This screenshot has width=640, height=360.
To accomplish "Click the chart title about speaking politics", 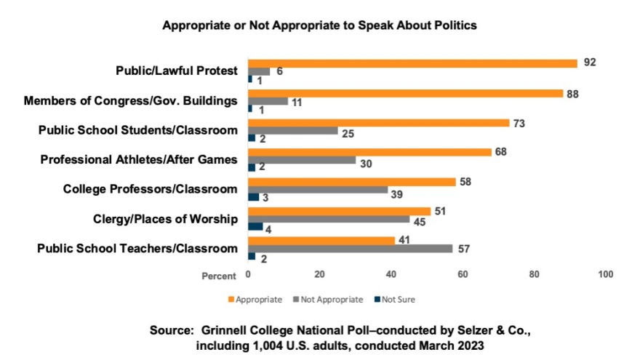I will [x=319, y=25].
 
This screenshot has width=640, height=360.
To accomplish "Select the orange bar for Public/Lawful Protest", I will [x=412, y=63].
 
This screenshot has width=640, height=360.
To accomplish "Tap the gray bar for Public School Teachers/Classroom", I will [x=350, y=248].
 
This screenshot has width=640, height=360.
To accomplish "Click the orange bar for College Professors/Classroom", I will [x=352, y=180].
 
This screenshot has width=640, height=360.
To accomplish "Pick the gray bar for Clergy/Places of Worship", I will [x=329, y=218].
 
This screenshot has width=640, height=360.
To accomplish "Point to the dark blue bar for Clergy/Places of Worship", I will [x=255, y=227].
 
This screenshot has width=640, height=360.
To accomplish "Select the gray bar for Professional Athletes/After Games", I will [x=302, y=159].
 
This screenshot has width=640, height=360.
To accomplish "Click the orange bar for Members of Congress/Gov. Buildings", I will [x=405, y=93].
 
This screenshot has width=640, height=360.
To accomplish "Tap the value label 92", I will [x=589, y=63].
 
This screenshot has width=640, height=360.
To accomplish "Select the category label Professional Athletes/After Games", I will [x=139, y=159].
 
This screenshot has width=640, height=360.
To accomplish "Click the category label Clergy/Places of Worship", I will [x=166, y=218].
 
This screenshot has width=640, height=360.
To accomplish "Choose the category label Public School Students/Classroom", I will [x=138, y=130].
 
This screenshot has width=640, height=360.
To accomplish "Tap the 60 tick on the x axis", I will [x=463, y=275].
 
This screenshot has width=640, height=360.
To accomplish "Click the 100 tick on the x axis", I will [x=605, y=275].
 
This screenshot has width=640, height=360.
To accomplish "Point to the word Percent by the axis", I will [x=219, y=276].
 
